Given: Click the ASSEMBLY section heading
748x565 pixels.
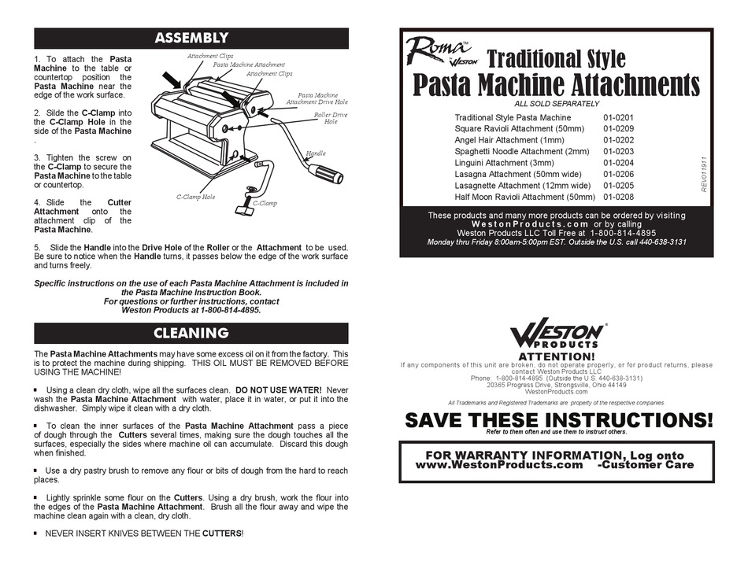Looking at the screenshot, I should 191,38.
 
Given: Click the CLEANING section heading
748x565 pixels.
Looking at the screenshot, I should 191,333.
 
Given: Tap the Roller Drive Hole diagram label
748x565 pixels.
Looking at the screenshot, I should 331,118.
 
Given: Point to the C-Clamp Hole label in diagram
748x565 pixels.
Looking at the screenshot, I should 196,197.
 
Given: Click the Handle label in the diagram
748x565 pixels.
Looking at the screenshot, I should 315,153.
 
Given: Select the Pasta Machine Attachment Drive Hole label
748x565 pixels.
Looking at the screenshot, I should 312,98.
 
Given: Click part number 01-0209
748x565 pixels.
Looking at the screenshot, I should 618,129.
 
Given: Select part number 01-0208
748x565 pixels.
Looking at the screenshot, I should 618,197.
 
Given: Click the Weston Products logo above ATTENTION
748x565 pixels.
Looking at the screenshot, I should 557,336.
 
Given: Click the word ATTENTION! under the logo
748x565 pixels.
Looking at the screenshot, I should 556,356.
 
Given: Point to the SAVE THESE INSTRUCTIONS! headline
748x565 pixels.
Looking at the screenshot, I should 558,419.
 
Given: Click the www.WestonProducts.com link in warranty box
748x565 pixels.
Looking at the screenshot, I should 498,465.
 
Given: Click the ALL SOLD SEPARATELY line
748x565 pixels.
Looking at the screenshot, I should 556,104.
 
